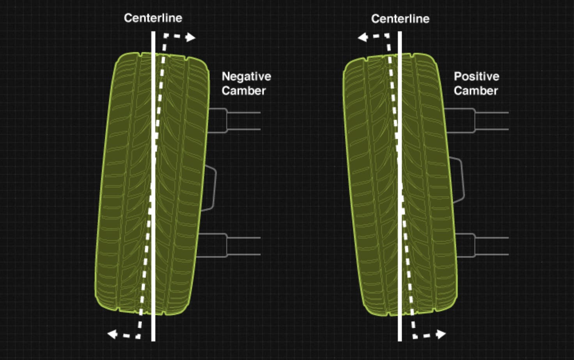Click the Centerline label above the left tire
coord(153,18)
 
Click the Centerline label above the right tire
coord(400,19)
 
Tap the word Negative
coord(246,76)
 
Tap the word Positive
coord(476,76)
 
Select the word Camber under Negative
coord(243,91)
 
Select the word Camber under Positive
coord(476,91)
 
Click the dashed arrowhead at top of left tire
coord(190,37)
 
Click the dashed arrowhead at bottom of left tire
coord(113,334)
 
